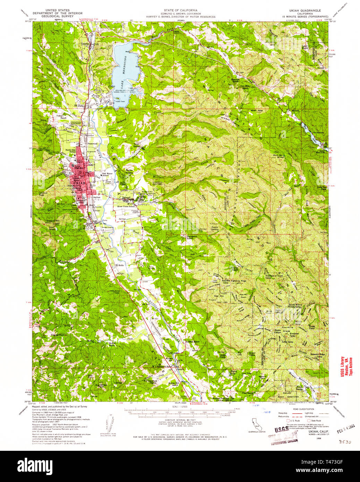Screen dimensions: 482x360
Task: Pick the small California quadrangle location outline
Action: tap(256, 424)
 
